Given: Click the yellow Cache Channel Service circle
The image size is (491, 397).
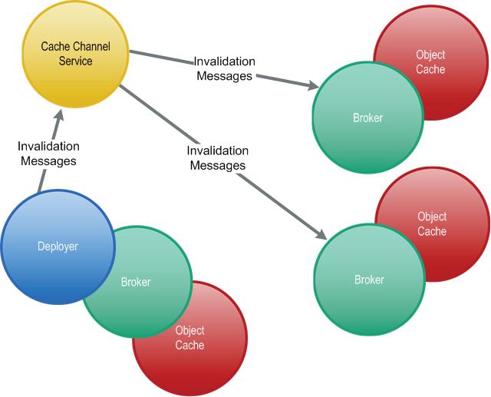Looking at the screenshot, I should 75,54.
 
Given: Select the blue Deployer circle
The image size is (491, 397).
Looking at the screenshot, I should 58,246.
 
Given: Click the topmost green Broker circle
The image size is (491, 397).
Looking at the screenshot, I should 367,117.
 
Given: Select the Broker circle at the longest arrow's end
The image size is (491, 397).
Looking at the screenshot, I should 369,280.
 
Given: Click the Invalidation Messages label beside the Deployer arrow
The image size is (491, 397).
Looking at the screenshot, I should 48,154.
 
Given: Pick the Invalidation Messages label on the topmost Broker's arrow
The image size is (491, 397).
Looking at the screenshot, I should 225,68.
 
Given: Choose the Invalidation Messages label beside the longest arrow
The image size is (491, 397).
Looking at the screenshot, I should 218,158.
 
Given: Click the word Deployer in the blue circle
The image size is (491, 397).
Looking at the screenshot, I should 58,246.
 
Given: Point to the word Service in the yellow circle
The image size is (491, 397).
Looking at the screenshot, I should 75,61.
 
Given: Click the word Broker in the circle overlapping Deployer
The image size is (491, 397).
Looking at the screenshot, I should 136,282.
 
